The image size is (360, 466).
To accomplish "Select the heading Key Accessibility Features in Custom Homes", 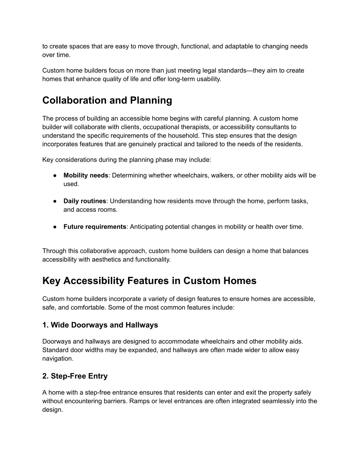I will (149, 281).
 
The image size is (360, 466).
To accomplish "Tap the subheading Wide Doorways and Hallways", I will (100, 325).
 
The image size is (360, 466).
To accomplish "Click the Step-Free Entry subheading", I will (75, 376).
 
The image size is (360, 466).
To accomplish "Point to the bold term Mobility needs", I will (86, 175).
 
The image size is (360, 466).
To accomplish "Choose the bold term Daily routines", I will (85, 201).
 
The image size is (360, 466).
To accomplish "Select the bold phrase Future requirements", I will (95, 227).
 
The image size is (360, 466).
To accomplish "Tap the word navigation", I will (58, 359).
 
